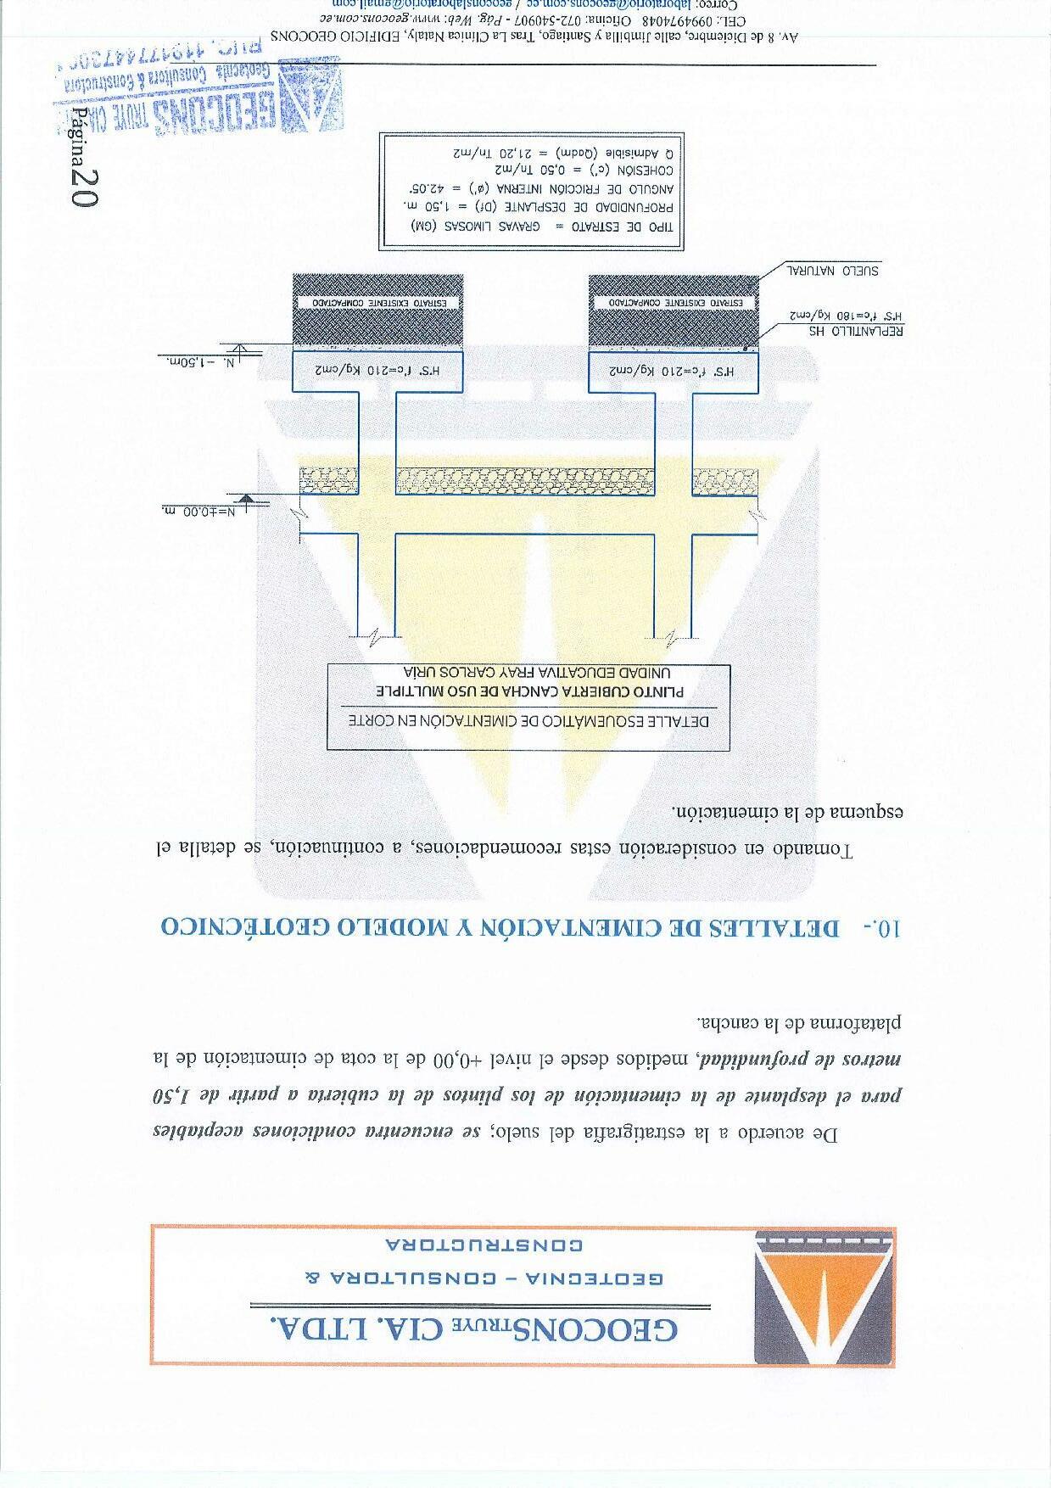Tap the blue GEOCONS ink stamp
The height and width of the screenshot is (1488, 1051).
pyautogui.click(x=199, y=94)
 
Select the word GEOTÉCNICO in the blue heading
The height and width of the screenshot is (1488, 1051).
pyautogui.click(x=246, y=926)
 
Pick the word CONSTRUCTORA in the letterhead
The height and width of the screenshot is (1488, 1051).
pyautogui.click(x=484, y=1245)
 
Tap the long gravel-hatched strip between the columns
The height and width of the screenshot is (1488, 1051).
pyautogui.click(x=525, y=481)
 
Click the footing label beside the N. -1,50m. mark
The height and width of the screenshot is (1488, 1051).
pyautogui.click(x=377, y=372)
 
